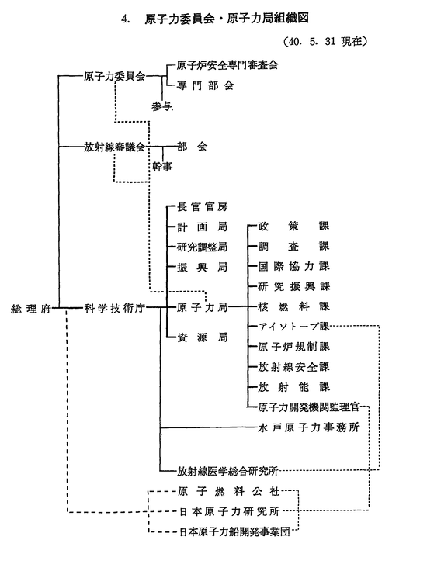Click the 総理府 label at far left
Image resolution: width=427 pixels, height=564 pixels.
tap(31, 309)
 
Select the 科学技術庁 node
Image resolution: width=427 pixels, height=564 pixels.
tap(114, 308)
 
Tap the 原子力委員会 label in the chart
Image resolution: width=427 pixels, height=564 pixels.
tap(114, 76)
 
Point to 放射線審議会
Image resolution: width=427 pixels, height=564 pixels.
tap(114, 147)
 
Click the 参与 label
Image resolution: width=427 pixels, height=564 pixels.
tap(162, 106)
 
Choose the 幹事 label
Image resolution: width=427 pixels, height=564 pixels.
tap(162, 167)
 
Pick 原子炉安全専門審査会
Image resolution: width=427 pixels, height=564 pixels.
tap(227, 65)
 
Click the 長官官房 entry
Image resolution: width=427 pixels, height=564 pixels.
tap(203, 206)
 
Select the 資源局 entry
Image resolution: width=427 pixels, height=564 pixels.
tap(203, 337)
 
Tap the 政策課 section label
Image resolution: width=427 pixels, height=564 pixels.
tap(293, 227)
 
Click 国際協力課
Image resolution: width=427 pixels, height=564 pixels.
tap(293, 267)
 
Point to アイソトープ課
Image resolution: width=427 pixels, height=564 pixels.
tap(293, 327)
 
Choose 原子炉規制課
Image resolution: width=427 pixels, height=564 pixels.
tap(293, 347)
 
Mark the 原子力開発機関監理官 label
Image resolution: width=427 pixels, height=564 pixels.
tap(309, 407)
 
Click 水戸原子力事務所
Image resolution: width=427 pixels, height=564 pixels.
tap(309, 427)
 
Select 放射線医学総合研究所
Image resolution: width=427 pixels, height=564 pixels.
tap(227, 471)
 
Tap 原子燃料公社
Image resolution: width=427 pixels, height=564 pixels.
tap(229, 491)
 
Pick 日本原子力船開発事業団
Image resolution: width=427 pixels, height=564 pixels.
tap(234, 531)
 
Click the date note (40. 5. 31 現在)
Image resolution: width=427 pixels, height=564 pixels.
tap(325, 41)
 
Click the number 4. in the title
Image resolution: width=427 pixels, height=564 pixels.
tap(126, 19)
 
